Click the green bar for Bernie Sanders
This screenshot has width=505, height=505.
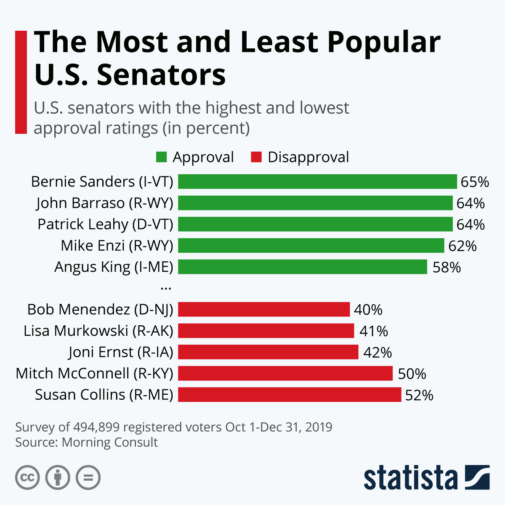click(317, 181)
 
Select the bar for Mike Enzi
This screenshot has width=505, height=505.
click(311, 245)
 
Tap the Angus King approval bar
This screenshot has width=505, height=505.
click(303, 267)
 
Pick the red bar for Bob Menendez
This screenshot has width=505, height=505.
click(264, 309)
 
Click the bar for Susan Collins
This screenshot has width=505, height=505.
click(290, 395)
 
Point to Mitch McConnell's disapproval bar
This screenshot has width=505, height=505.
click(285, 373)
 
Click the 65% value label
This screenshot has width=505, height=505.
click(475, 182)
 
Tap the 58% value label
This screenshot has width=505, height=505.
click(447, 267)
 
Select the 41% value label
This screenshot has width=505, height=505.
click(374, 331)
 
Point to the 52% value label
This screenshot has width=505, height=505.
click(419, 395)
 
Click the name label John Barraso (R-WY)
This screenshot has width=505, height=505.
click(105, 203)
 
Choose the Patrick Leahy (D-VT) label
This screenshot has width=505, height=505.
click(105, 224)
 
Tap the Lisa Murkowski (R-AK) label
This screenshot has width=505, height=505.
click(98, 331)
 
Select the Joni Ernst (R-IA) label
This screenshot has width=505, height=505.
click(121, 352)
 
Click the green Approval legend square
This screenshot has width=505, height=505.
click(161, 157)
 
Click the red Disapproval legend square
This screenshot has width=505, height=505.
click(256, 157)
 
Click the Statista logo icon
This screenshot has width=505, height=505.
click(477, 477)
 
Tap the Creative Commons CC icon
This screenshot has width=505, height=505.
click(27, 478)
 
